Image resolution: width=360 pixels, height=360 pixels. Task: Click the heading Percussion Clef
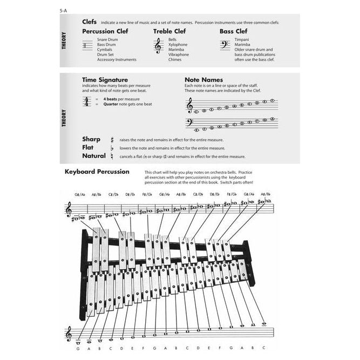106,31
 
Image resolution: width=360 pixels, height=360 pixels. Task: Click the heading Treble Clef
170,31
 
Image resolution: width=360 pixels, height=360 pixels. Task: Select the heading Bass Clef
233,31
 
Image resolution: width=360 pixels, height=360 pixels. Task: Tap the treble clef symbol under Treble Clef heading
158,46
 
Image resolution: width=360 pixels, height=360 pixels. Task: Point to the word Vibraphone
179,55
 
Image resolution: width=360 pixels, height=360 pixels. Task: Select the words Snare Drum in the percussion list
107,40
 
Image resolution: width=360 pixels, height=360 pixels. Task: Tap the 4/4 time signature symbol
86,101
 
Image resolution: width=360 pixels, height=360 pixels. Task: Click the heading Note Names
204,79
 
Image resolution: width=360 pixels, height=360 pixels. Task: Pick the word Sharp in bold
91,139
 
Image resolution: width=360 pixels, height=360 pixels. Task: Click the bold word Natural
94,156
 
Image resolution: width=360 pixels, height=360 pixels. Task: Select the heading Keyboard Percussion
97,172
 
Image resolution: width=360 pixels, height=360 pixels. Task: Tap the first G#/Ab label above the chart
81,194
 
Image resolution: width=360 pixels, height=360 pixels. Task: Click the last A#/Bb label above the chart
265,194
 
